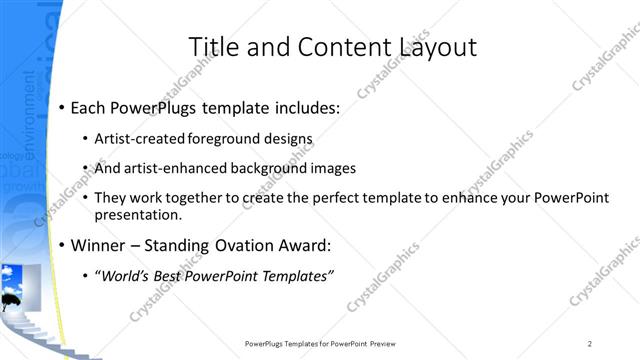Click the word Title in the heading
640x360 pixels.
tap(211, 47)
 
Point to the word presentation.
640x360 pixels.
tap(138, 215)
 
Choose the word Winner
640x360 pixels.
tap(98, 244)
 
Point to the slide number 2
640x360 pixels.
tap(590, 344)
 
